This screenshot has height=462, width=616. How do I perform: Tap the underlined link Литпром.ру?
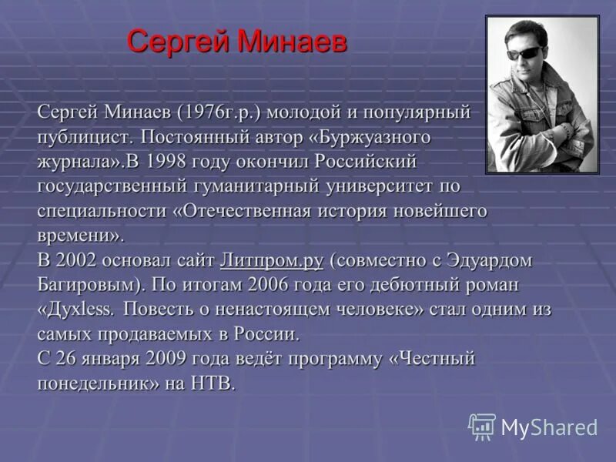click(271, 260)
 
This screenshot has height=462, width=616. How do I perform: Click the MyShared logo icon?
click(482, 427)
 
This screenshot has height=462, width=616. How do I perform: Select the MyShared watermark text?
click(549, 428)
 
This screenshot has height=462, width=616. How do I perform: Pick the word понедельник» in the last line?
click(98, 383)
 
